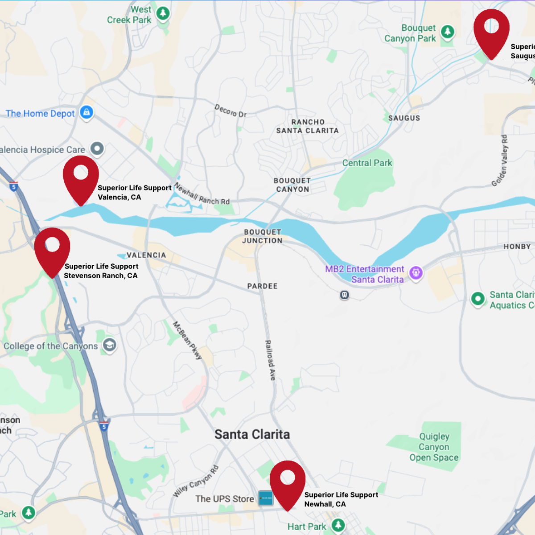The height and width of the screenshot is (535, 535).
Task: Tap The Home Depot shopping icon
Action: point(86,112)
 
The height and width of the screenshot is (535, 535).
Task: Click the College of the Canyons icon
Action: point(110,345)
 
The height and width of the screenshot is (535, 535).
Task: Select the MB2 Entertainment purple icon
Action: point(416,272)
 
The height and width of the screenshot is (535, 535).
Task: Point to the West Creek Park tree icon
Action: point(163,13)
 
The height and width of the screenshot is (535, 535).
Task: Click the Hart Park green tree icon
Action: point(338,525)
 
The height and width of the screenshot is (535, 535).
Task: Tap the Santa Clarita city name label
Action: point(252,434)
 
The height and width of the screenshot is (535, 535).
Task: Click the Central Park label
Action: point(367,163)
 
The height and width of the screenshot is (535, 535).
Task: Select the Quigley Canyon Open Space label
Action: point(434,447)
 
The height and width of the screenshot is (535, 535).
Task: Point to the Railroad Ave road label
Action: point(270,360)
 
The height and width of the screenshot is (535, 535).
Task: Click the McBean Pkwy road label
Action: point(188,340)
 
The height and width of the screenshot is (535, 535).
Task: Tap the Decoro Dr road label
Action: point(230,111)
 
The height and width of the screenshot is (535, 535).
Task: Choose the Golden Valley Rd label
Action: point(499,160)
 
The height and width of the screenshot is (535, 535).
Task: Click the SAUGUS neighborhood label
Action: point(404,118)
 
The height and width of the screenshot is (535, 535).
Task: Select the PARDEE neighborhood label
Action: point(262,286)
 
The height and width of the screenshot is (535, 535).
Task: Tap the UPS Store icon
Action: point(266,498)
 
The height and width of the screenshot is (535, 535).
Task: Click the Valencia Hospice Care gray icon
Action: point(97,148)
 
